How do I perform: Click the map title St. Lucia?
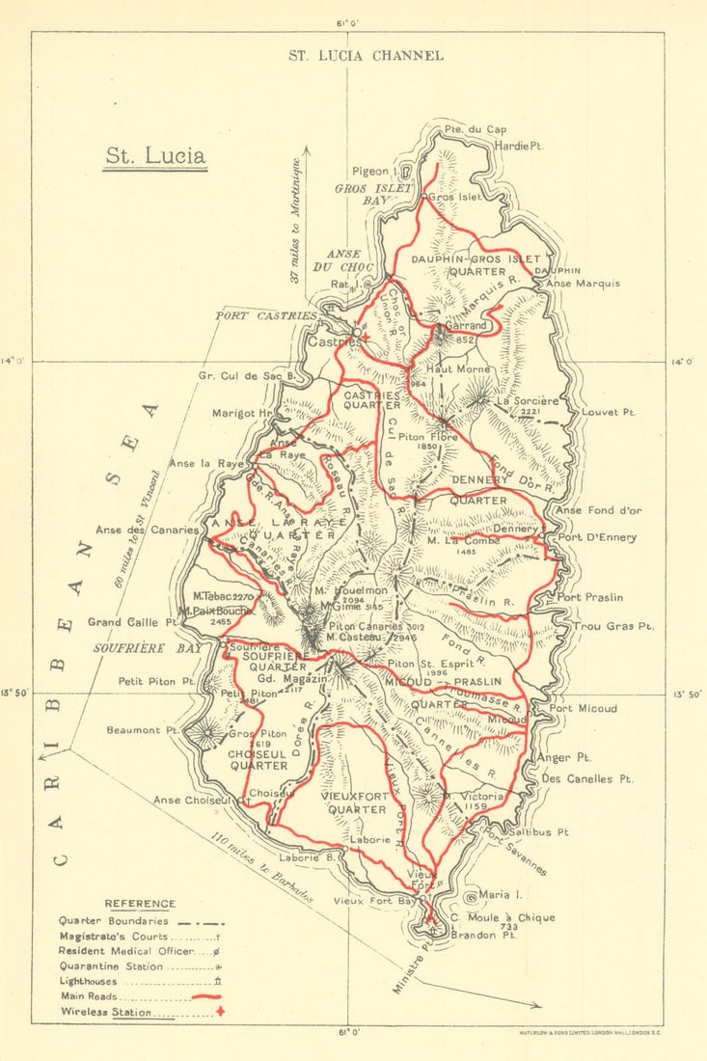(x=154, y=156)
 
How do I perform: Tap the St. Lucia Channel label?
(x=366, y=55)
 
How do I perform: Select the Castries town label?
(x=329, y=340)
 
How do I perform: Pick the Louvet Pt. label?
(x=609, y=412)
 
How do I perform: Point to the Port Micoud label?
(x=583, y=709)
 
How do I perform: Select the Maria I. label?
(x=498, y=895)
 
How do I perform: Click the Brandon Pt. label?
(x=488, y=935)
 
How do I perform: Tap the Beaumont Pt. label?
(x=134, y=730)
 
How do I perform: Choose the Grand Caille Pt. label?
(x=134, y=622)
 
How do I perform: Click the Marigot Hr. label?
(x=243, y=414)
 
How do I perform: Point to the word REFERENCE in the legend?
(x=140, y=904)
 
